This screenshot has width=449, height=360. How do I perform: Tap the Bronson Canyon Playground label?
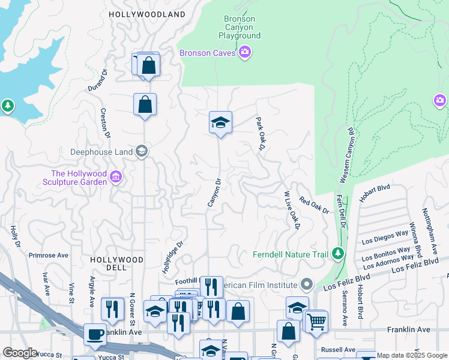[240, 27]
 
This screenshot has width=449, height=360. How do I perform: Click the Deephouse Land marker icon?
[141, 151]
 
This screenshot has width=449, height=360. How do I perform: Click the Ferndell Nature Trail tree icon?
[338, 254]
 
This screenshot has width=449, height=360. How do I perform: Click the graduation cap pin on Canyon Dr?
[220, 123]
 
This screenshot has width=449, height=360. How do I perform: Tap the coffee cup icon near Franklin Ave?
[95, 334]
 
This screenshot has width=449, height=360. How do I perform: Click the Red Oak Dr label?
[315, 206]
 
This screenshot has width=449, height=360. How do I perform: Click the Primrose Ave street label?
[49, 255]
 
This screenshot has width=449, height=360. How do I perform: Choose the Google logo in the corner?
[20, 353]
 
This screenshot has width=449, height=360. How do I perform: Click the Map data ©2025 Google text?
[412, 355]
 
